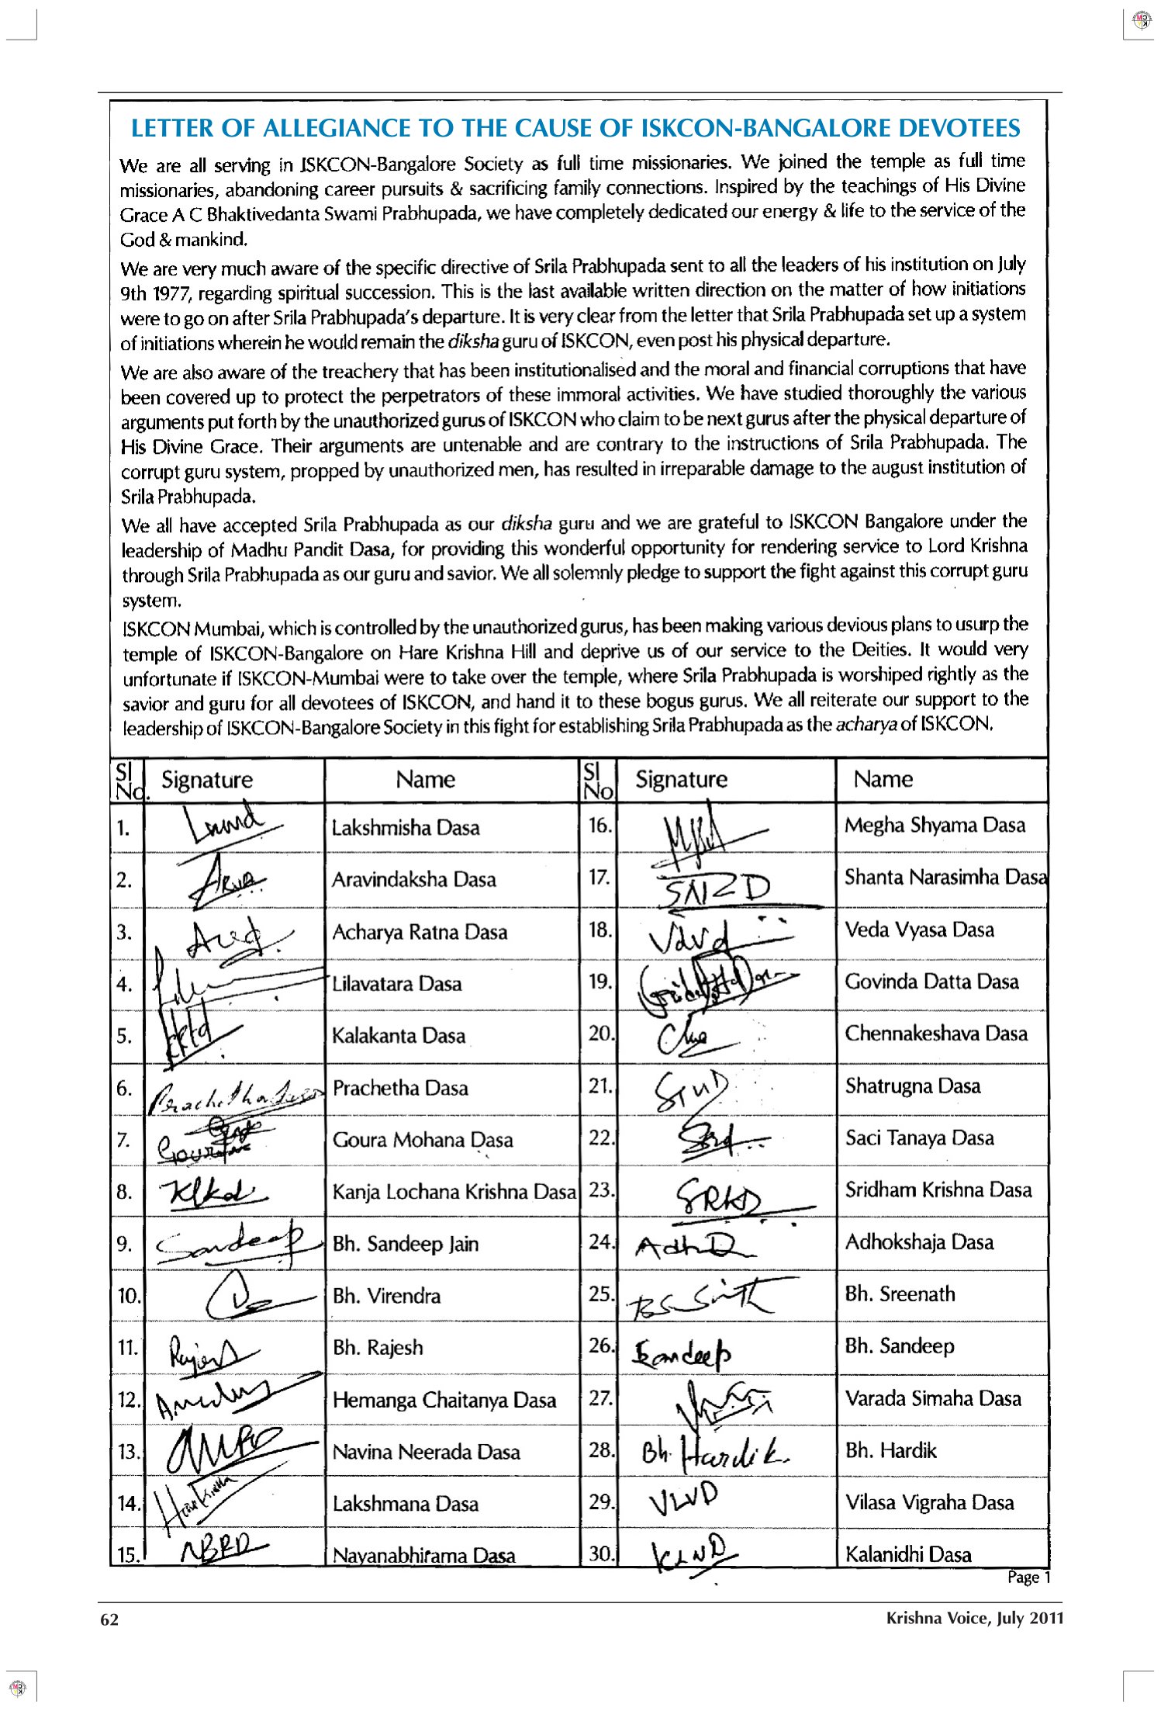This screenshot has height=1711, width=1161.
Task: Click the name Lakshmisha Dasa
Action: (405, 827)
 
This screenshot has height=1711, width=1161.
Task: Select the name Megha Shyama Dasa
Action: (935, 825)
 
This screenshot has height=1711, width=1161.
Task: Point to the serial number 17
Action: (599, 878)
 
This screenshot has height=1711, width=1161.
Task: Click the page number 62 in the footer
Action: (109, 1618)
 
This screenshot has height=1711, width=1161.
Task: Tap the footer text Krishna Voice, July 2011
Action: (974, 1618)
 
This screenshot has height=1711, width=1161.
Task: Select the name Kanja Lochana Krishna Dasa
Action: (454, 1191)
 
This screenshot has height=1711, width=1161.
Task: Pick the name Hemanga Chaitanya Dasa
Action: (444, 1400)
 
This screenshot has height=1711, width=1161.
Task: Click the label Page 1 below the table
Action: (1028, 1577)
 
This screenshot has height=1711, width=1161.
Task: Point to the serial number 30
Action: (600, 1553)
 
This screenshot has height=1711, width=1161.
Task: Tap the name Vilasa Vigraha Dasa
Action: (929, 1502)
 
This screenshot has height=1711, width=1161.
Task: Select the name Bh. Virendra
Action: (386, 1296)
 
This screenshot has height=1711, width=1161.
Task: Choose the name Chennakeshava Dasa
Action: (935, 1034)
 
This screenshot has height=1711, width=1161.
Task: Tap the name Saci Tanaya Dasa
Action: (919, 1138)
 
